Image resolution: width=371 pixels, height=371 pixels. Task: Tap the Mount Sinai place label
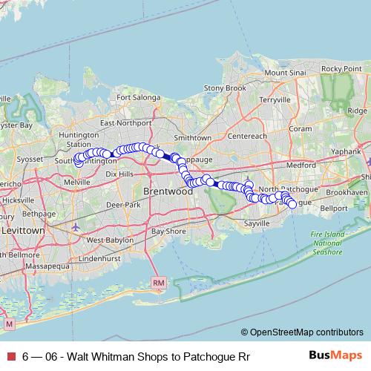[285, 73]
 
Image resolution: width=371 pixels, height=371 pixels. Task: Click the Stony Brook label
[225, 88]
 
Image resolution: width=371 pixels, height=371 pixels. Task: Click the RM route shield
[157, 283]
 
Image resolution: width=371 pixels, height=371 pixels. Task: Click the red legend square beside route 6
[10, 356]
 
